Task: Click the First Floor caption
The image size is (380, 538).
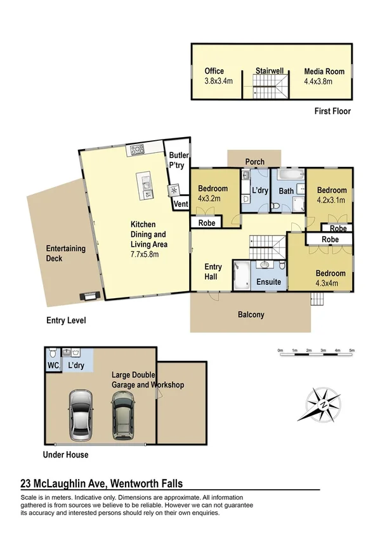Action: [332, 111]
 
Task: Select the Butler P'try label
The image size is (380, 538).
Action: [176, 159]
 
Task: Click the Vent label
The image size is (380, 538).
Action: [181, 204]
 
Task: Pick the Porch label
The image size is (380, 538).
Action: [255, 162]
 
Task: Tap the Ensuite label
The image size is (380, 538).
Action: [268, 282]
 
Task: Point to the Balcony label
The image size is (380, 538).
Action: [251, 315]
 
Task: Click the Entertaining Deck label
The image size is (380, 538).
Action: [66, 254]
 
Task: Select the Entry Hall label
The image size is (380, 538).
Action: [213, 272]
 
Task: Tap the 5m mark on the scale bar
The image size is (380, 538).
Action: [351, 350]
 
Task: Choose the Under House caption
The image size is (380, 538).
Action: [65, 455]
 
